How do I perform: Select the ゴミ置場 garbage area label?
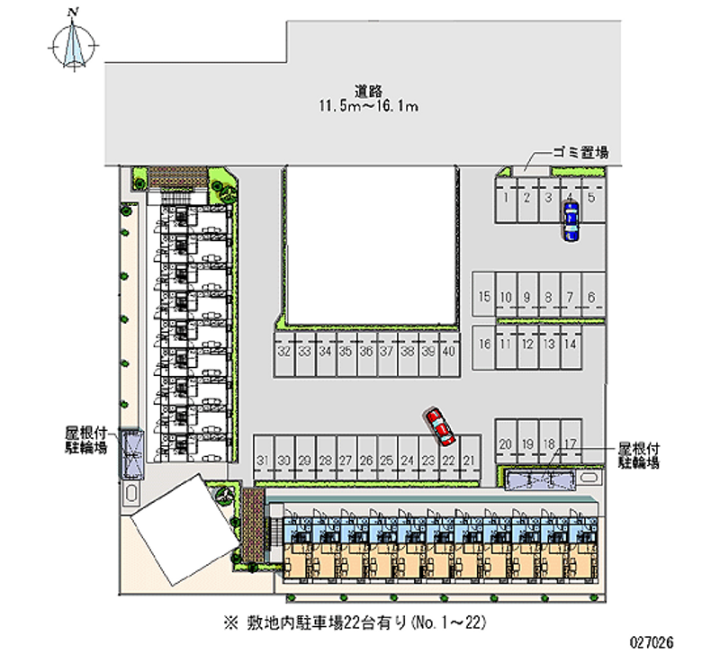click(x=581, y=153)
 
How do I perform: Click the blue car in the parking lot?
click(x=570, y=219)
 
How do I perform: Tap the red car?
click(x=440, y=426)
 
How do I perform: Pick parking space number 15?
click(x=484, y=298)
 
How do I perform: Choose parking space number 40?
click(x=448, y=352)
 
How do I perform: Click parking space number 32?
click(x=283, y=352)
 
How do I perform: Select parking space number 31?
click(x=263, y=461)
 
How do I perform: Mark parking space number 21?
click(x=469, y=461)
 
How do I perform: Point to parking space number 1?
click(x=507, y=197)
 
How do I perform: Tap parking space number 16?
click(x=484, y=344)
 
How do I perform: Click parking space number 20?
click(x=506, y=443)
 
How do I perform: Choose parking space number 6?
click(x=591, y=298)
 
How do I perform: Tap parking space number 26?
click(x=366, y=461)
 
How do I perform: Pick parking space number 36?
click(x=365, y=352)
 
